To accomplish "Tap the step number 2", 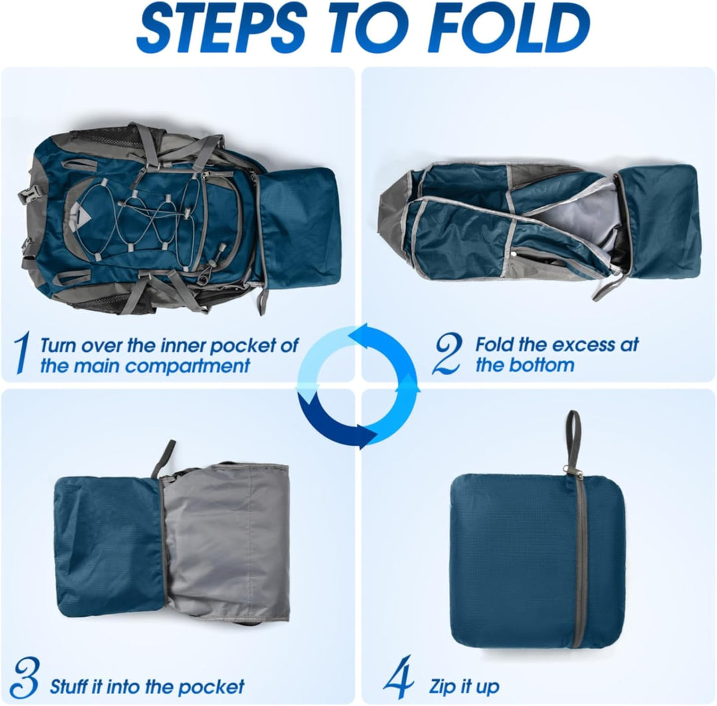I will [x=446, y=354].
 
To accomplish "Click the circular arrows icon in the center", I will [x=358, y=385].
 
